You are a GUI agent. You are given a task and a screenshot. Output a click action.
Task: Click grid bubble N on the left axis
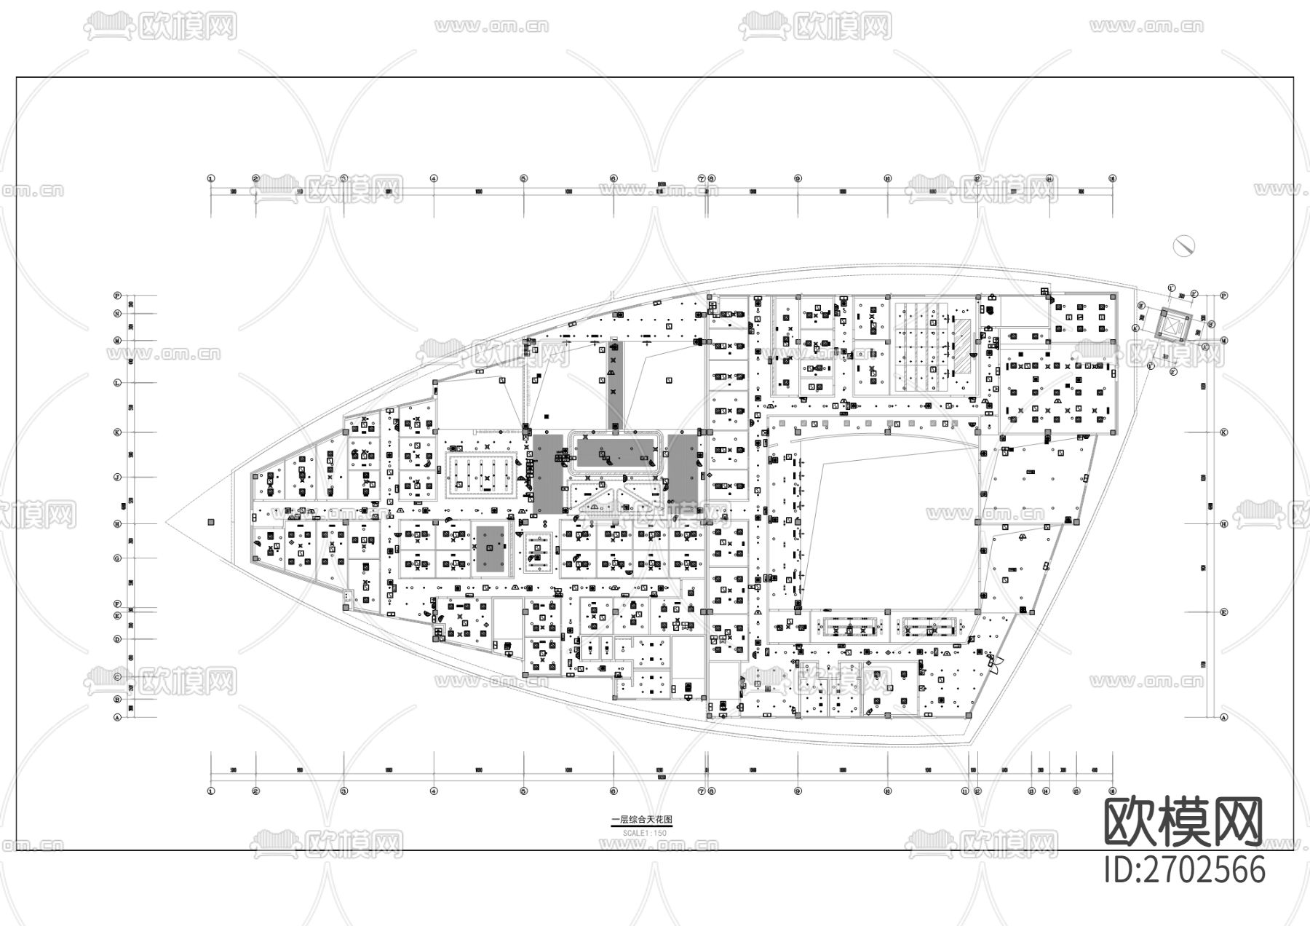coord(116,314)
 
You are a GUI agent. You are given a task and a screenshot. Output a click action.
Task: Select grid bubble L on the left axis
coord(116,383)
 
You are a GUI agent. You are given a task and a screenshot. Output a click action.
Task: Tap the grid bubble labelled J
coord(116,478)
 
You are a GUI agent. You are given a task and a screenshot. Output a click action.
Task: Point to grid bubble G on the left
coord(116,558)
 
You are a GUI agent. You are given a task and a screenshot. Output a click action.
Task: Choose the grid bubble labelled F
coord(116,604)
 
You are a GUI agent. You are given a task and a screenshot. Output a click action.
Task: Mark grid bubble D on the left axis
coord(116,639)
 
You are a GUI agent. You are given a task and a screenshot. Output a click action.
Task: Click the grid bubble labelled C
coord(116,677)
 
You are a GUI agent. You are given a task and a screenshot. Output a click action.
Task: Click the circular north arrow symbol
coord(1185,246)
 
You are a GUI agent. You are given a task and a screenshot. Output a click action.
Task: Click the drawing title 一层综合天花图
coord(641,820)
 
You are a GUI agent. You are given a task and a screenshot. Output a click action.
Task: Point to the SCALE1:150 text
coord(641,832)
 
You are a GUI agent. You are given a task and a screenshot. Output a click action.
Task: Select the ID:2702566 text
coord(1185,870)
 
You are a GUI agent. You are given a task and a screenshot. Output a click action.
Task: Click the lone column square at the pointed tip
coord(211,522)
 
